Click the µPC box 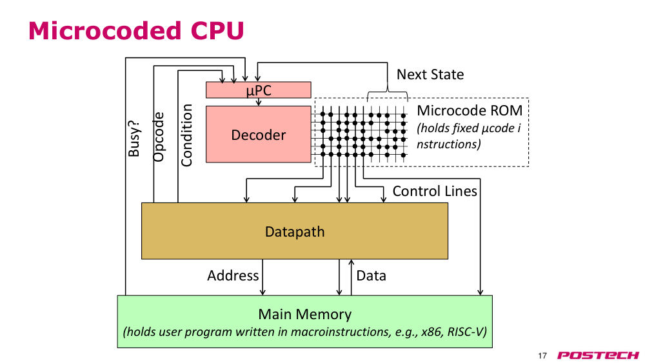259,90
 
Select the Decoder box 259,134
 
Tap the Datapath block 295,231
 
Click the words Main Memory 305,314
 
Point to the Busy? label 134,139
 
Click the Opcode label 159,137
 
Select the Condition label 186,135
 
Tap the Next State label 430,74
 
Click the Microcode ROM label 470,111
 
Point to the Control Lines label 435,191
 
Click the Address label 233,275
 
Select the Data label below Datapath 371,275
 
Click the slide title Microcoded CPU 136,31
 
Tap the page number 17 542,356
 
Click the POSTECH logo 598,355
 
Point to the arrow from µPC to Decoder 259,102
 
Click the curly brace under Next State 387,92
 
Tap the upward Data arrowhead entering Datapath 352,262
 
